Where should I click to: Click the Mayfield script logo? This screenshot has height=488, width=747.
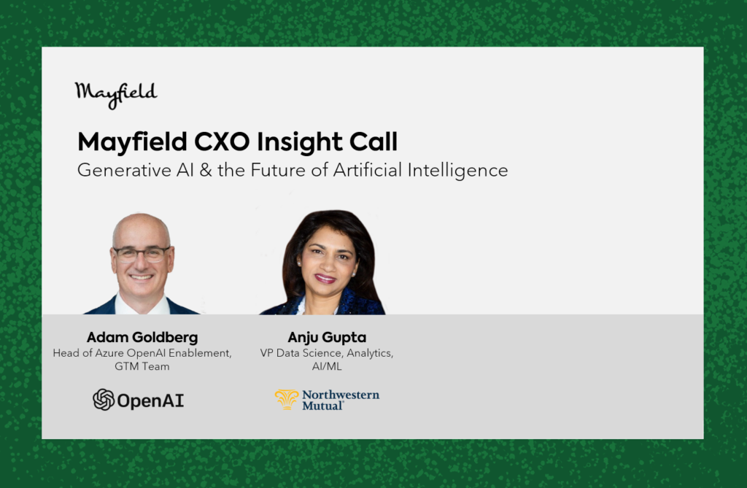(x=116, y=95)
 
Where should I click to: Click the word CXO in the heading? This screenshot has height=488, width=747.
(x=222, y=142)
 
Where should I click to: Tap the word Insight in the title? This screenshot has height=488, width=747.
(x=299, y=142)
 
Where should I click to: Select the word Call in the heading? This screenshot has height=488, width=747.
(x=373, y=141)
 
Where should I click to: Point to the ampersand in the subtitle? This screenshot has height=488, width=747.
(x=206, y=170)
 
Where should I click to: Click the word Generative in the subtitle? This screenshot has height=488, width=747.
(x=124, y=170)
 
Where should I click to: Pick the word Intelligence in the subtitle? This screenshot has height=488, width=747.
(x=457, y=171)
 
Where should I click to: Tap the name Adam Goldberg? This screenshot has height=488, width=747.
(x=142, y=338)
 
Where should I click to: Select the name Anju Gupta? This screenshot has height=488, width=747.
(x=327, y=338)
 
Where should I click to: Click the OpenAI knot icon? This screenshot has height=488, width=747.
(x=104, y=399)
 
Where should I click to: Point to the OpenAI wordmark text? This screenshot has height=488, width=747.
(x=150, y=400)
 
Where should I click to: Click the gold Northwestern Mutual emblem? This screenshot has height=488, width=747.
(x=287, y=399)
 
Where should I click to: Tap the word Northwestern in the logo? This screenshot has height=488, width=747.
(x=341, y=395)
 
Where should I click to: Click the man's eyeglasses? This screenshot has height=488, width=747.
(x=142, y=254)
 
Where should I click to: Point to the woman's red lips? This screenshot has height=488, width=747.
(x=325, y=279)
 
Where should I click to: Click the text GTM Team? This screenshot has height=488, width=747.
(x=142, y=366)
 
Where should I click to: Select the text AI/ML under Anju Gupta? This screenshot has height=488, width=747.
(x=327, y=366)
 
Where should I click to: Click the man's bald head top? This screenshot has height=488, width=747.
(x=142, y=225)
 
